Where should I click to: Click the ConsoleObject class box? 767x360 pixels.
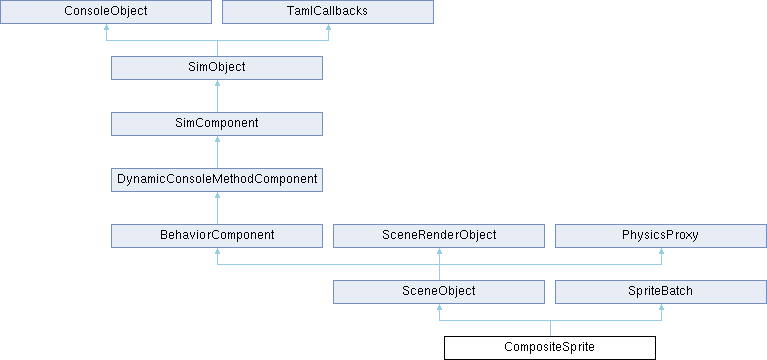[x=106, y=12]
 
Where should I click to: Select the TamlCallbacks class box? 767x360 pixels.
[x=328, y=12]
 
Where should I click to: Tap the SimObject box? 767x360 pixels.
[x=217, y=68]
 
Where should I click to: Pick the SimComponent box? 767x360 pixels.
[x=217, y=124]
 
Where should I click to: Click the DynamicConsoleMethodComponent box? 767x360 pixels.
[x=217, y=180]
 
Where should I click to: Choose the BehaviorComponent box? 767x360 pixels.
[x=217, y=236]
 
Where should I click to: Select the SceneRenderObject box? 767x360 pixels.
[x=439, y=236]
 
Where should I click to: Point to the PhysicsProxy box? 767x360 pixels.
[x=661, y=236]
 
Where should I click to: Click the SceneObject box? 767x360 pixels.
[x=439, y=292]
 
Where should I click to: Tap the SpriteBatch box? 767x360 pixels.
[x=661, y=292]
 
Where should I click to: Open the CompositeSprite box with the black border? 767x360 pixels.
[x=550, y=348]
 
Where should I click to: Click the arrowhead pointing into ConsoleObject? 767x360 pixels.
[x=106, y=27]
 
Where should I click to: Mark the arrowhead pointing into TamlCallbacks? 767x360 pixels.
[x=328, y=27]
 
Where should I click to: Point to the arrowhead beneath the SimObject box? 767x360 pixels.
[x=217, y=84]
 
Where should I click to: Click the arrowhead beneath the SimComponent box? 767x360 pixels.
[x=217, y=139]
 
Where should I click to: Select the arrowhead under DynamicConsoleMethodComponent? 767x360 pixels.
[x=217, y=196]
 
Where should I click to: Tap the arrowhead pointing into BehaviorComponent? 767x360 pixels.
[x=217, y=251]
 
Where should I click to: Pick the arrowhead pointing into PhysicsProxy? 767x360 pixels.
[x=661, y=251]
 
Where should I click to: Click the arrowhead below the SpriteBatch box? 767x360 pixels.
[x=661, y=308]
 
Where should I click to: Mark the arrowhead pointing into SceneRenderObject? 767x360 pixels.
[x=439, y=251]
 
